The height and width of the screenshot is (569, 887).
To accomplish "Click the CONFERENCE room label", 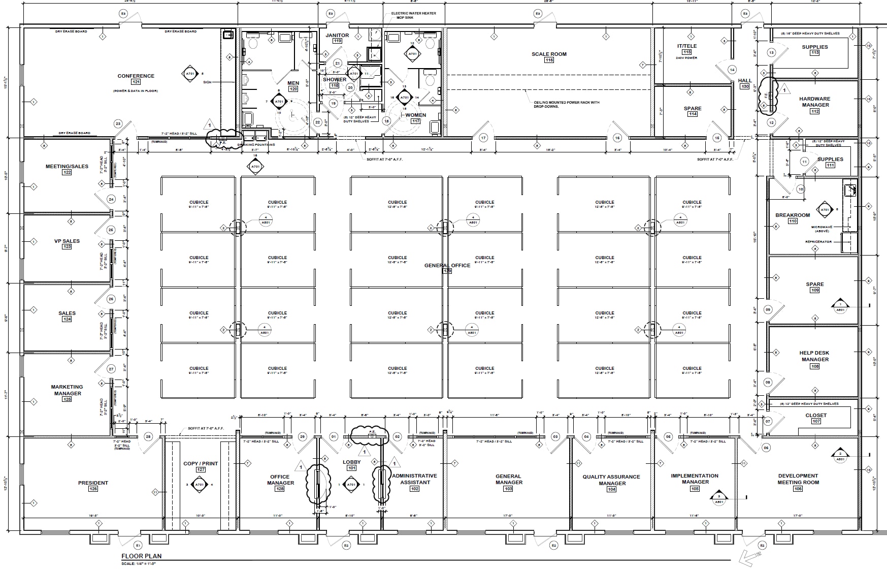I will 136,76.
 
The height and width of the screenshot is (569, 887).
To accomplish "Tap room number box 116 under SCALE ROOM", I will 549,60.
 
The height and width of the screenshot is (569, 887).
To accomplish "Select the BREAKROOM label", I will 792,215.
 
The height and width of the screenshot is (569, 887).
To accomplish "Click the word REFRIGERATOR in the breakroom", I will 818,242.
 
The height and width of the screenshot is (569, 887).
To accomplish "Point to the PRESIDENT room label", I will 93,483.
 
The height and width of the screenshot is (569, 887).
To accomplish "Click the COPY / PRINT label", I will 201,463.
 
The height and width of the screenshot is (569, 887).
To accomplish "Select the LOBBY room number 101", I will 351,468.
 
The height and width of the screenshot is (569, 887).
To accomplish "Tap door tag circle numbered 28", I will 148,437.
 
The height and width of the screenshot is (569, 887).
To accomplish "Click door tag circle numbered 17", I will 483,138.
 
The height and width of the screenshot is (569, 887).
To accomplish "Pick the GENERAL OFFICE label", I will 447,265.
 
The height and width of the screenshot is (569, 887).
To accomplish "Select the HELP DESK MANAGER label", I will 814,356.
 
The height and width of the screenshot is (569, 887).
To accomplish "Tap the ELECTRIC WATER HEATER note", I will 413,13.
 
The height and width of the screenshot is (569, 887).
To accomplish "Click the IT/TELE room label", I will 687,46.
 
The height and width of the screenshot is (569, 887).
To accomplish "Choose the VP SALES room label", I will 67,241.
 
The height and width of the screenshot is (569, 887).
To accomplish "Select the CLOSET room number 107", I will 816,421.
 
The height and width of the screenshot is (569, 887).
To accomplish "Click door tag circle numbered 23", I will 118,123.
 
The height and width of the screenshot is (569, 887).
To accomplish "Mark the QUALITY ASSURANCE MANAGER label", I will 611,480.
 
